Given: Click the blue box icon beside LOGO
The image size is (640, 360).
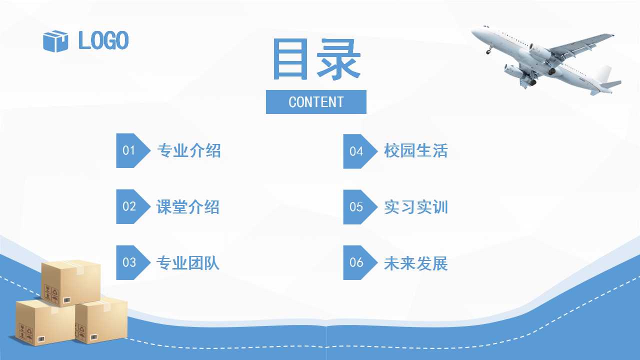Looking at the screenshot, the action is pos(55,41).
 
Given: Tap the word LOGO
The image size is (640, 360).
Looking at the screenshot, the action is pos(103,40).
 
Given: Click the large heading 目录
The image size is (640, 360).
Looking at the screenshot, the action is pos(316,59).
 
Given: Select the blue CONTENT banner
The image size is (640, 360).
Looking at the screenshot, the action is pos(316,102).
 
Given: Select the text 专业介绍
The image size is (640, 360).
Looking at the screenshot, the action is pos(189,150).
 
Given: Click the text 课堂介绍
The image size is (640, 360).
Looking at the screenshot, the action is pos(188,207).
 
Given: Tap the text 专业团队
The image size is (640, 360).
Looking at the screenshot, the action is pos(188,263).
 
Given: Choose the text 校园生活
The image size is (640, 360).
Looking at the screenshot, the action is pos(415,150).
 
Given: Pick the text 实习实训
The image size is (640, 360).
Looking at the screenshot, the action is pos(415,207).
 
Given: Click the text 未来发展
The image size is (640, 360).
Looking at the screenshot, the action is pos(415,263).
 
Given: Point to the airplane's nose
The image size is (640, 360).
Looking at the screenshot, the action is pos(473,31).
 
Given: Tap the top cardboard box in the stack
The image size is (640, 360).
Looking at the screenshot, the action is pos(71,283).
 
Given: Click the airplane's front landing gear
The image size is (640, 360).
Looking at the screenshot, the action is pos(489,49).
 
